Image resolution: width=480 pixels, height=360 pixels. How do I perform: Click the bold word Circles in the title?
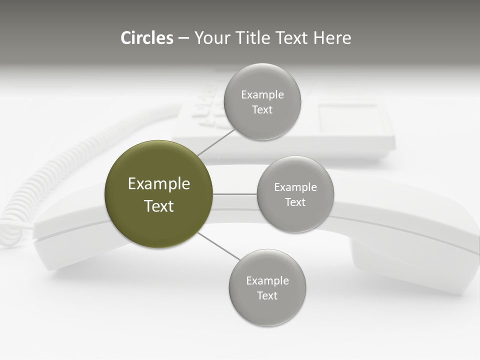146,38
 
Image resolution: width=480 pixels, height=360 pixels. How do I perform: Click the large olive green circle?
158,194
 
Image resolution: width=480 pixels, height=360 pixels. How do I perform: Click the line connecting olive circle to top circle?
216,142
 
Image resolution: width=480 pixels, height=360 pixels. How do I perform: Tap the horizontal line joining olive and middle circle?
234,194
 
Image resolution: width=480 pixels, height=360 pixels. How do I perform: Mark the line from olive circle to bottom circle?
219,246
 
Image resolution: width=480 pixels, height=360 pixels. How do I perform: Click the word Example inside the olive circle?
158,184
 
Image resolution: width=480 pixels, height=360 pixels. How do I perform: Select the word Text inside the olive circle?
158,206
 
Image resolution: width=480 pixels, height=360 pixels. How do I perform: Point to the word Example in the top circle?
262,95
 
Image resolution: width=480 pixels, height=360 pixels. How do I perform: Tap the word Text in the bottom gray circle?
267,295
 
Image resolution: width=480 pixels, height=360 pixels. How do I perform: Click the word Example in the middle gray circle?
295,187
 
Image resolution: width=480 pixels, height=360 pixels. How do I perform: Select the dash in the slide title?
183,38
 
